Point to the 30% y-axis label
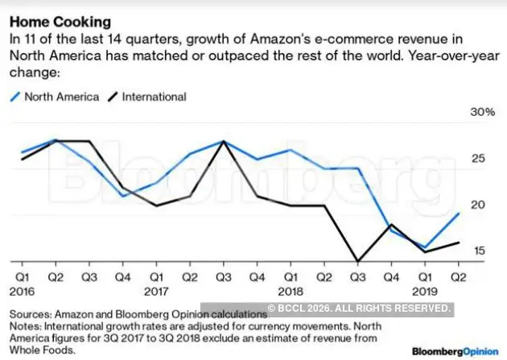click(483, 112)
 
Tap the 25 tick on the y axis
click(478, 159)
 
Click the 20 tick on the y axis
click(478, 205)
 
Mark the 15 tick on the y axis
click(478, 251)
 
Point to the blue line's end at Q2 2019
click(459, 213)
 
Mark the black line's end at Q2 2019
click(459, 242)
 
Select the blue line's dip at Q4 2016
click(122, 196)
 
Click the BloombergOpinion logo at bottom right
click(455, 351)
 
